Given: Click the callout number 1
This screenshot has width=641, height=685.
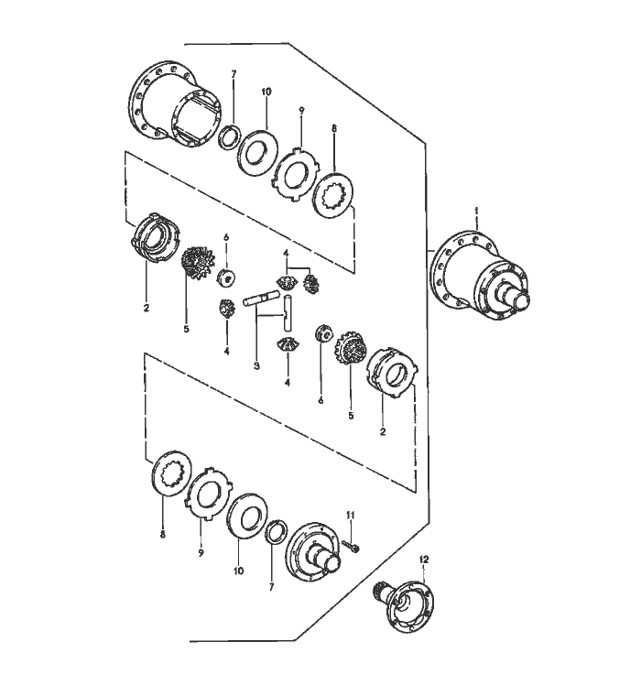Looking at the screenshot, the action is (477, 211).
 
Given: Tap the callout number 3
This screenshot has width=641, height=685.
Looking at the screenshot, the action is (256, 366).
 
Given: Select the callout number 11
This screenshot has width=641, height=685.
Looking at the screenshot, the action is (351, 515).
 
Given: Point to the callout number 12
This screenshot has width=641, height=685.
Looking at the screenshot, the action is (424, 560).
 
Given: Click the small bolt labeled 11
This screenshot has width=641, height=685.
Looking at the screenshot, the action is (352, 546).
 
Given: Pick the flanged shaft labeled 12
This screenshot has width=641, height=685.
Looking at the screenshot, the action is (404, 604).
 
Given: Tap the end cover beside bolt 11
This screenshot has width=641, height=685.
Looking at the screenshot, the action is (315, 552).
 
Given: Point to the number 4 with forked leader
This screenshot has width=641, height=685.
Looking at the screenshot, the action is (287, 253).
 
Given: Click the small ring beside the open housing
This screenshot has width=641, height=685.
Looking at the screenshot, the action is (229, 136).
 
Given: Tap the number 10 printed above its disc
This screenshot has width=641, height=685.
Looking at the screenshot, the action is (266, 92).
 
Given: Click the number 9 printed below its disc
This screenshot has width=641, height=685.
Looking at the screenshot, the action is (201, 553).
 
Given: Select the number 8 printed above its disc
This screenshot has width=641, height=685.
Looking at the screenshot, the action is (335, 129).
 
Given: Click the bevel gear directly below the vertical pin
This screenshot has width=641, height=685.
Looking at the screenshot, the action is (287, 344).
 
